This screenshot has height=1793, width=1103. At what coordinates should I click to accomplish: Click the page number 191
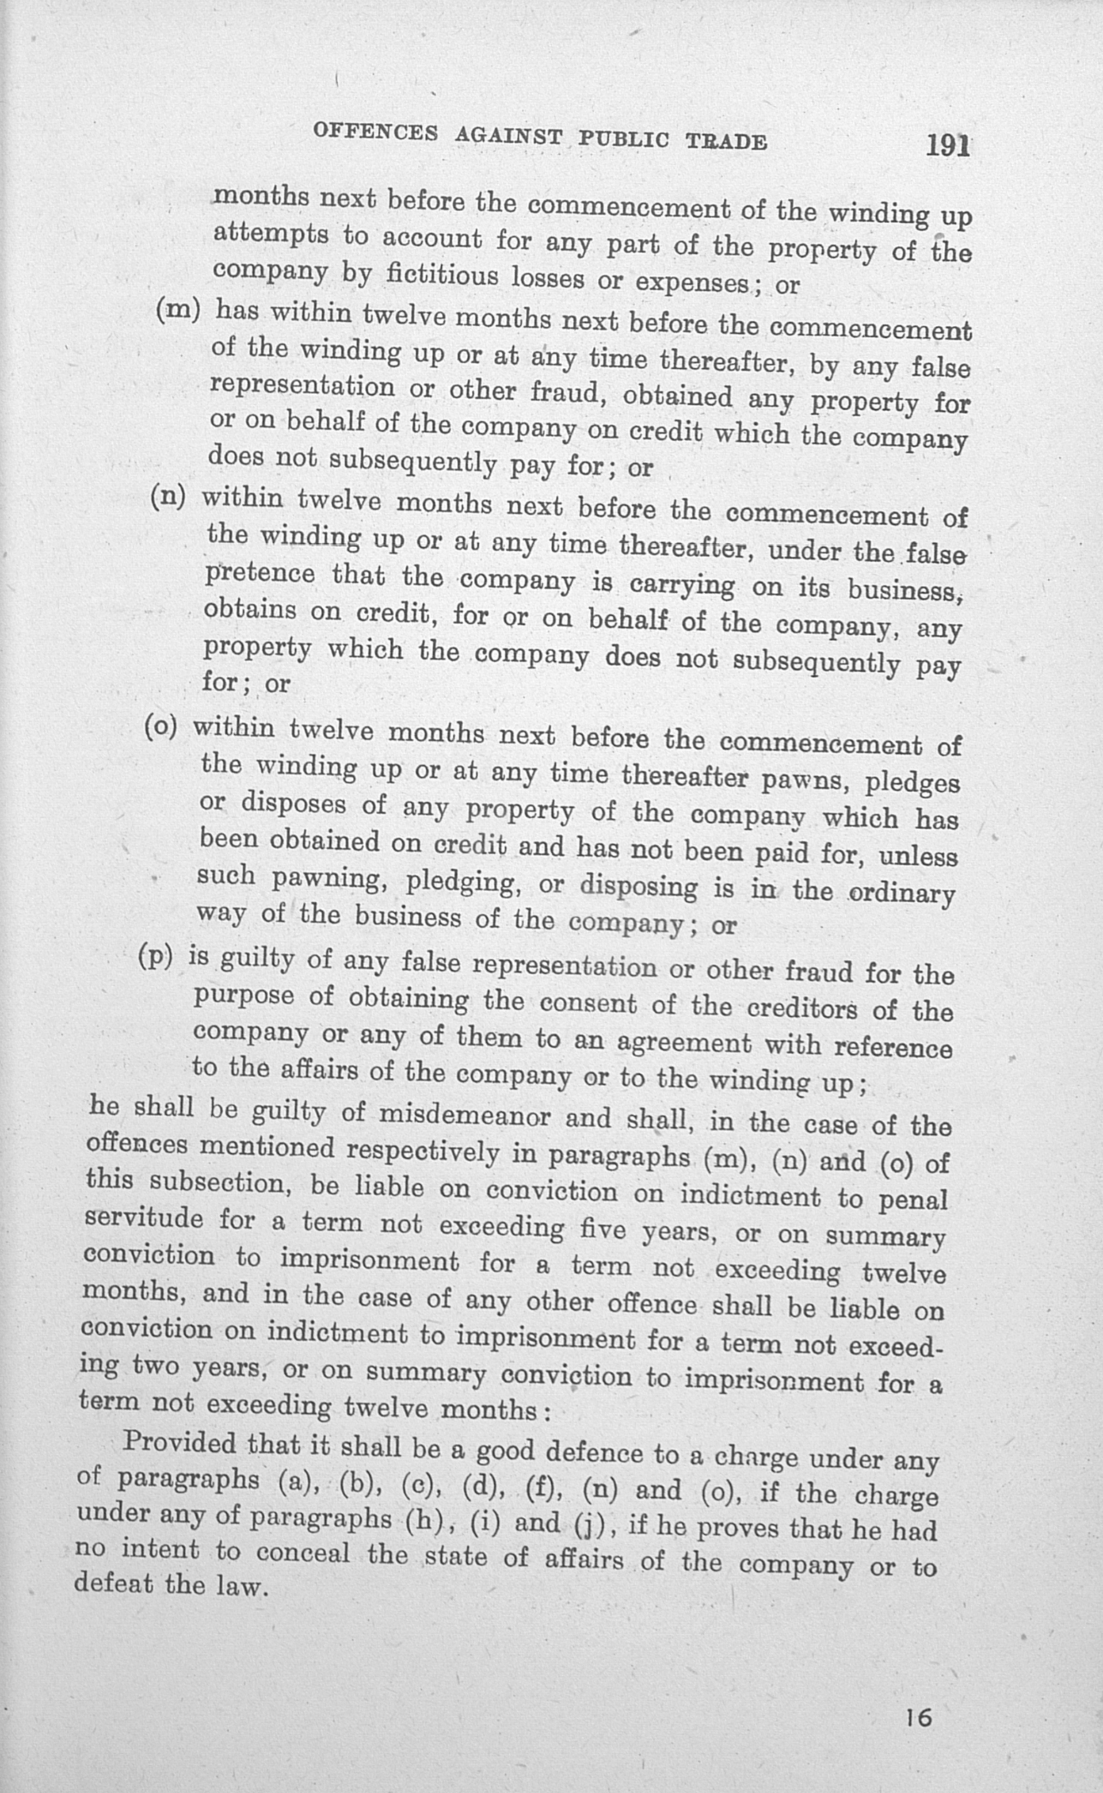coord(947,146)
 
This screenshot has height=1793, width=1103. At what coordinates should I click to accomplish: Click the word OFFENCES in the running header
coord(376,131)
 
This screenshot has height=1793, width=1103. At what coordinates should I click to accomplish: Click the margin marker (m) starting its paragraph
coord(178,310)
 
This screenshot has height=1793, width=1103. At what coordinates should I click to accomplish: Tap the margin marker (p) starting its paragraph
coord(155,956)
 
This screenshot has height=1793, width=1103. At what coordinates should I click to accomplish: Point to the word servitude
coord(144,1219)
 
